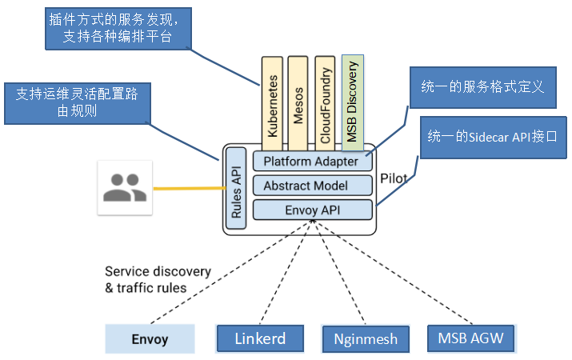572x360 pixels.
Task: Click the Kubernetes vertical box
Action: pyautogui.click(x=273, y=101)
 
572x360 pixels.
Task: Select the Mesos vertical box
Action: pyautogui.click(x=298, y=101)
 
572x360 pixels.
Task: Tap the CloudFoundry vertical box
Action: pyautogui.click(x=325, y=101)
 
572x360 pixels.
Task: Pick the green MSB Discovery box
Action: pyautogui.click(x=353, y=100)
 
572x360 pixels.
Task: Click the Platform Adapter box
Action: pyautogui.click(x=312, y=161)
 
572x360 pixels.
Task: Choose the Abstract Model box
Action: pyautogui.click(x=312, y=186)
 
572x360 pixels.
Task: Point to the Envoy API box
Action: pyautogui.click(x=312, y=210)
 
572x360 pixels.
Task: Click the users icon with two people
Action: pyautogui.click(x=124, y=187)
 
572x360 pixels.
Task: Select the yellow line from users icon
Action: pyautogui.click(x=189, y=189)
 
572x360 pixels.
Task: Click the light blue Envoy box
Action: pyautogui.click(x=150, y=339)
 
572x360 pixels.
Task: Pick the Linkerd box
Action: pyautogui.click(x=260, y=338)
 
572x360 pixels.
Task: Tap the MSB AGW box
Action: pyautogui.click(x=471, y=338)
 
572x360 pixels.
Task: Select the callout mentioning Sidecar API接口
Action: pyautogui.click(x=494, y=138)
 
